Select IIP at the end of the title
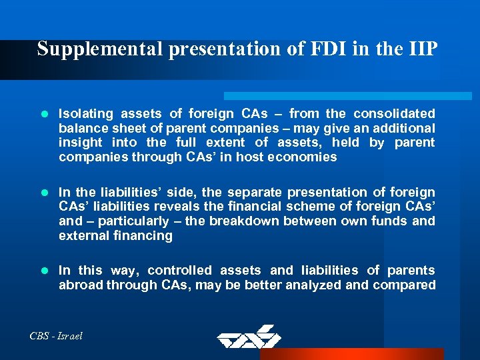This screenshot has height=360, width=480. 421,49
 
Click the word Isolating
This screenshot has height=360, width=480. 86,113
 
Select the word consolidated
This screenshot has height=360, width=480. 394,113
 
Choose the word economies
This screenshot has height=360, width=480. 305,157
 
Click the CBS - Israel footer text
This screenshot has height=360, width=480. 56,336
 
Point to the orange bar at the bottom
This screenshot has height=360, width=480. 360,353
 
